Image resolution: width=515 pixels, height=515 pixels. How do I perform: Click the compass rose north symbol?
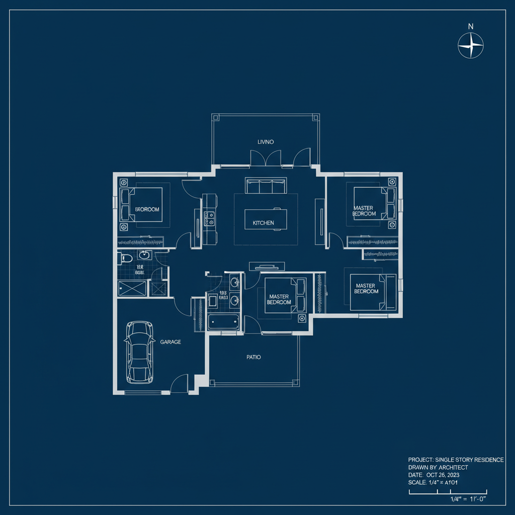[x=471, y=45]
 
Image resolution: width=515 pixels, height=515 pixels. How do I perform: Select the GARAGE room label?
[x=170, y=341]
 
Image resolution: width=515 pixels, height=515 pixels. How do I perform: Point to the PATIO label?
[x=253, y=357]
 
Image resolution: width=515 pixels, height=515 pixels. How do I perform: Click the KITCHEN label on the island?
[x=263, y=222]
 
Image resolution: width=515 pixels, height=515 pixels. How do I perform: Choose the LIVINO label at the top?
[x=266, y=142]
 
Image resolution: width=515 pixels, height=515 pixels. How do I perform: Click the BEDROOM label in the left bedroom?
[x=147, y=209]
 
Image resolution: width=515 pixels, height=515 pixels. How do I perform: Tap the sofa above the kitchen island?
[x=266, y=186]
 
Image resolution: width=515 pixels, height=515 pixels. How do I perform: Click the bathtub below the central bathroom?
[x=223, y=321]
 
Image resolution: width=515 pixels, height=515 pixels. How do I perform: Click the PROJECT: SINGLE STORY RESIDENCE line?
[x=456, y=460]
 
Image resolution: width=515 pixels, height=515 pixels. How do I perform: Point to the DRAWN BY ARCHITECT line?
[x=438, y=467]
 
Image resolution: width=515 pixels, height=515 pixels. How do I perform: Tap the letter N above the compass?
[x=471, y=26]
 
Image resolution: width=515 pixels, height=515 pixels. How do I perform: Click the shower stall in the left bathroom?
[x=133, y=289]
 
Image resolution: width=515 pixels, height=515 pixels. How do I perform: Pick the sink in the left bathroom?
[x=145, y=255]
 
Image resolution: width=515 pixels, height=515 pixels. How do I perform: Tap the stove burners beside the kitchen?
[x=209, y=218]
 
